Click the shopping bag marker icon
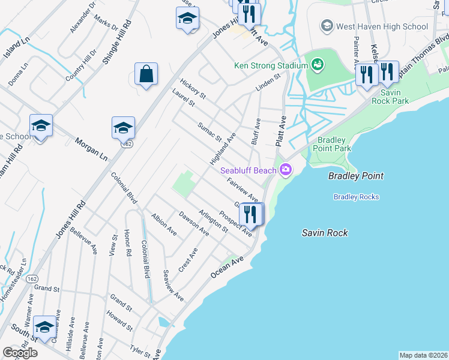click(x=146, y=74)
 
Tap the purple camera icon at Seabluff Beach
click(x=286, y=170)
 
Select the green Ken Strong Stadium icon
click(x=317, y=64)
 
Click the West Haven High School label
click(x=382, y=26)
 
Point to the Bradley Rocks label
click(x=356, y=197)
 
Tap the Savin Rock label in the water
click(x=325, y=233)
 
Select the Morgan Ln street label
click(x=91, y=149)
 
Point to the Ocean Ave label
click(x=227, y=267)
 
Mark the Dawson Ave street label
click(x=193, y=223)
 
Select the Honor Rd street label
click(x=127, y=242)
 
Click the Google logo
click(x=20, y=353)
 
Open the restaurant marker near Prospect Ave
click(x=250, y=214)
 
